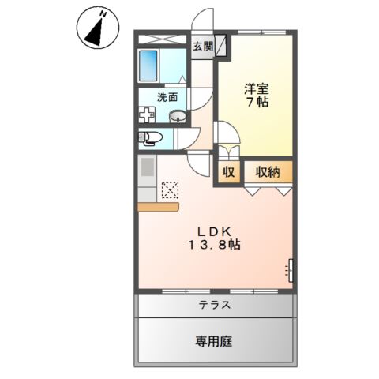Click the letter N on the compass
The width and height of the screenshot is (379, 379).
pyautogui.click(x=103, y=15)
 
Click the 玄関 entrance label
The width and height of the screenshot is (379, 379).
pyautogui.click(x=203, y=47)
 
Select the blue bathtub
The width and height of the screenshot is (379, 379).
pyautogui.click(x=148, y=66)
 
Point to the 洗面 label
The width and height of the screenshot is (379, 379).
pyautogui.click(x=167, y=97)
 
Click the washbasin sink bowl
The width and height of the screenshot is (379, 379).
pyautogui.click(x=178, y=116)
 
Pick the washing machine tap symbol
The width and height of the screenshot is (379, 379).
pyautogui.click(x=146, y=114)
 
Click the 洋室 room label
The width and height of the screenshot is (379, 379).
pyautogui.click(x=257, y=88)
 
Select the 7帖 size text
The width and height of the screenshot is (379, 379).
pyautogui.click(x=257, y=102)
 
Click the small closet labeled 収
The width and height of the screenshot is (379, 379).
pyautogui.click(x=228, y=172)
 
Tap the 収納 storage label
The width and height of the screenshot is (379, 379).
pyautogui.click(x=268, y=172)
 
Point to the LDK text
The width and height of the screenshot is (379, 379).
pyautogui.click(x=215, y=231)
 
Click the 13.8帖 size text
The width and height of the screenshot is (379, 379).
pyautogui.click(x=214, y=245)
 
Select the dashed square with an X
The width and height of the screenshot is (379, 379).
pyautogui.click(x=170, y=190)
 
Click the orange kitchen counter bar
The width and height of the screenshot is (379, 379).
pyautogui.click(x=159, y=207)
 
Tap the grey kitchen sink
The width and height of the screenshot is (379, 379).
pyautogui.click(x=148, y=167)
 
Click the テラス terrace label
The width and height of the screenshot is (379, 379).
pyautogui.click(x=215, y=305)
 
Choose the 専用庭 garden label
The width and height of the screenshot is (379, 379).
pyautogui.click(x=213, y=341)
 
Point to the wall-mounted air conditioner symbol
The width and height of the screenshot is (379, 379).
pyautogui.click(x=290, y=270)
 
